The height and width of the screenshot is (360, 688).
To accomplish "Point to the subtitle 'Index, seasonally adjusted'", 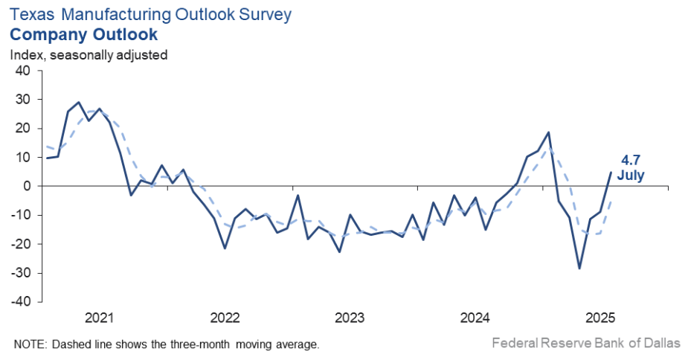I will coord(89,54).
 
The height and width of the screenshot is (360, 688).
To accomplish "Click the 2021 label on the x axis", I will coord(99,319).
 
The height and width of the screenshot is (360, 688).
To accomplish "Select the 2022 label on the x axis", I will coord(225,319).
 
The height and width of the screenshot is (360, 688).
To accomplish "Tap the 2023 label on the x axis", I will coord(350,319).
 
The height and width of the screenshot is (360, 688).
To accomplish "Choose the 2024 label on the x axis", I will coord(475,319).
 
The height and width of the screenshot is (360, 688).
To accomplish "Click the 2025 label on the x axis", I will coord(599,319).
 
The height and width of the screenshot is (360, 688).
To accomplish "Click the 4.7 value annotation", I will coord(631,160).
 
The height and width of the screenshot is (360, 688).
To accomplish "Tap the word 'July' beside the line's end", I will coord(631,176).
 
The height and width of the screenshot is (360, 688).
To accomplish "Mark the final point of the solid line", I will coord(611,173).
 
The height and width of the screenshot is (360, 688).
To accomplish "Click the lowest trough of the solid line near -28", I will coord(579,268).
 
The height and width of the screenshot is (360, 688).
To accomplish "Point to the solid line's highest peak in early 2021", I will coord(79,102).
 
